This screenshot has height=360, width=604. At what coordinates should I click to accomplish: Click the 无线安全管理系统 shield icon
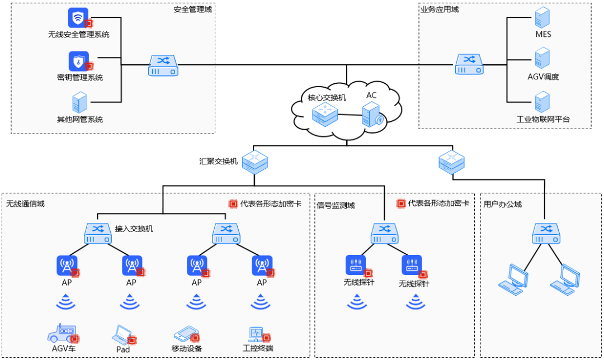pos(78,17)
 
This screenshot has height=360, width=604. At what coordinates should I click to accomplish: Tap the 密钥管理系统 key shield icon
pos(79,61)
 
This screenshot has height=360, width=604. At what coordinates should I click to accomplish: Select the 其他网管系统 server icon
pos(80,102)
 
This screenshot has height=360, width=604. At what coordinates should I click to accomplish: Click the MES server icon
pos(542,18)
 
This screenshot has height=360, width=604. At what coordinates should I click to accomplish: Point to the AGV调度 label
pos(543,77)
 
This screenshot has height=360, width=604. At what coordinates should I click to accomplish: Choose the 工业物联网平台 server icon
pos(542,102)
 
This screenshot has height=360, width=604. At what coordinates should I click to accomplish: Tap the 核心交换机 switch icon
pos(325,115)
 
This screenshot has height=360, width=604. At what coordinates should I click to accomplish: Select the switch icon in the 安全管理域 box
pos(163,65)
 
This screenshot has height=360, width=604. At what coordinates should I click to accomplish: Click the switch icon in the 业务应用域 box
pos(469,64)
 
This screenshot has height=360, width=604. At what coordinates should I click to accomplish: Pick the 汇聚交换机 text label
pos(219,162)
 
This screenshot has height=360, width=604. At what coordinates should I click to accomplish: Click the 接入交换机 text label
pos(134,229)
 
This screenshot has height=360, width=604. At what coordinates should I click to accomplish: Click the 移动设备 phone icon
pos(186,334)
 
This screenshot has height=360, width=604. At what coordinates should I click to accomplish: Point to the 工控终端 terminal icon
pos(257,334)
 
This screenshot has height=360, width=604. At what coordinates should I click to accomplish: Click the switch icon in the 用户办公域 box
pos(546,233)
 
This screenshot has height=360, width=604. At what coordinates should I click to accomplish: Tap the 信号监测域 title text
pos(336,205)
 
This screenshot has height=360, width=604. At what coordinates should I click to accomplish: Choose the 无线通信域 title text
pos(25,203)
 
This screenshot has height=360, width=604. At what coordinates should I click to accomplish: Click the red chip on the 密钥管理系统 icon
pos(89,66)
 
